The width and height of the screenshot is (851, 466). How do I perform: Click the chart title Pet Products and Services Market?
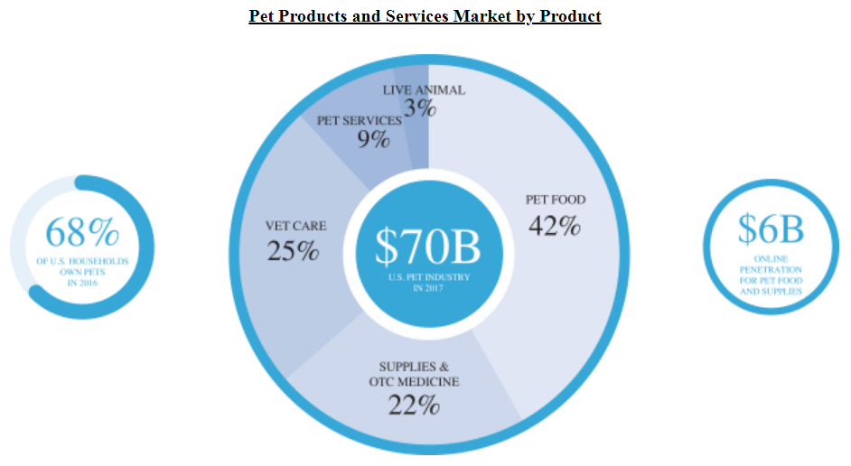(425, 16)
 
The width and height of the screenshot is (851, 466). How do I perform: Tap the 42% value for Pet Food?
(554, 226)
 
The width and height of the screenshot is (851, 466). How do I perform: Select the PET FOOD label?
(556, 200)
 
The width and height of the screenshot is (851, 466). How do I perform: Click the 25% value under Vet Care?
(293, 250)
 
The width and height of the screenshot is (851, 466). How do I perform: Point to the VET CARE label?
(295, 226)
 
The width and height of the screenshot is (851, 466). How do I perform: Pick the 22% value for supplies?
(414, 405)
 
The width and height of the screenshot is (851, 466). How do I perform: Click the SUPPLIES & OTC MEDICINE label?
(414, 374)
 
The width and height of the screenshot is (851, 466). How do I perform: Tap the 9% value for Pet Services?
(373, 140)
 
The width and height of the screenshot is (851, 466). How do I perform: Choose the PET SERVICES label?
(359, 120)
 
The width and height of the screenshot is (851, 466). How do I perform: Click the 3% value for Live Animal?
(421, 109)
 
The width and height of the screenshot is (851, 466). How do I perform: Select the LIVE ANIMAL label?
(424, 89)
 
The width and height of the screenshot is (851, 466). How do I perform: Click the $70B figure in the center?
(428, 246)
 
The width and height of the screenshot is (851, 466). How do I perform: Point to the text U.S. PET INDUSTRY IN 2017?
(429, 283)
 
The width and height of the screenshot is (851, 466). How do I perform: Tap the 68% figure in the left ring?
(82, 233)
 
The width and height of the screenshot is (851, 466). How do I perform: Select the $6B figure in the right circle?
(770, 229)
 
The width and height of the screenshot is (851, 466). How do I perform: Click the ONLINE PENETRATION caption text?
(771, 275)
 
